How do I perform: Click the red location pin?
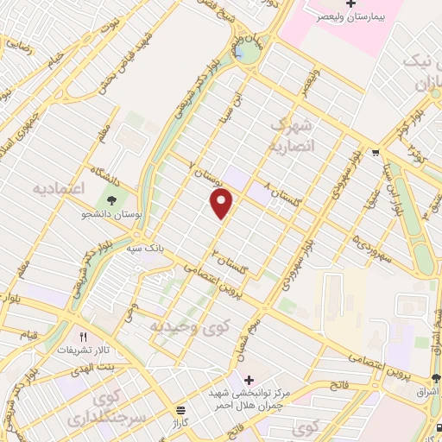coord(223,203)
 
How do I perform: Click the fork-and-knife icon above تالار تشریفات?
coord(84,338)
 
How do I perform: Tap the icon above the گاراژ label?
coord(181,409)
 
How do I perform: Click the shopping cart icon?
coord(376,153)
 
